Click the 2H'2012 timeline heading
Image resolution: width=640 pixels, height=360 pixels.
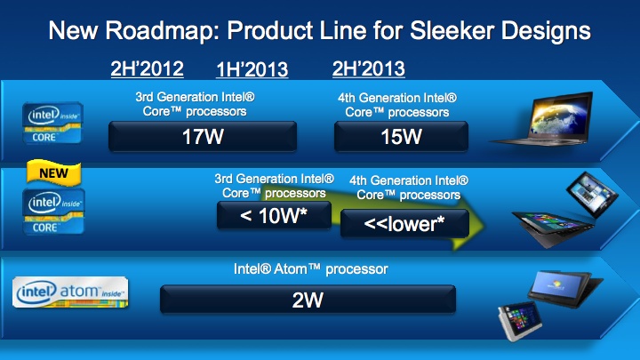click(x=147, y=68)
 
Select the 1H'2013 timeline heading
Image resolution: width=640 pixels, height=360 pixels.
click(x=252, y=69)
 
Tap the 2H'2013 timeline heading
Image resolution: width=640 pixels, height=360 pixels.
click(x=369, y=68)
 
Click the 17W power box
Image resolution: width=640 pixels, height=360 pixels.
click(x=203, y=136)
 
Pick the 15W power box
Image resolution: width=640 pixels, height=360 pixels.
click(x=401, y=136)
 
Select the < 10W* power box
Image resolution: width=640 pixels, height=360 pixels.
click(x=274, y=215)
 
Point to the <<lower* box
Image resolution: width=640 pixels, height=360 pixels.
click(x=404, y=223)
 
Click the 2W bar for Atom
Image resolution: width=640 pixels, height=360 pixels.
click(x=308, y=300)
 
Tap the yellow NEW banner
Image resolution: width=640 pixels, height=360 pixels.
click(x=54, y=172)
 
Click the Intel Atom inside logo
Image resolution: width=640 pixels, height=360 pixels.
click(x=70, y=292)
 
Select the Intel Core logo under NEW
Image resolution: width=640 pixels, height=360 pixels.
click(x=53, y=212)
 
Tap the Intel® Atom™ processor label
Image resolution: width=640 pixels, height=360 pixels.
click(x=310, y=269)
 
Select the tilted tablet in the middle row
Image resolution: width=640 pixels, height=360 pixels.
click(x=592, y=194)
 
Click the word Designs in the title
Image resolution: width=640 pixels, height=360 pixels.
click(x=546, y=31)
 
